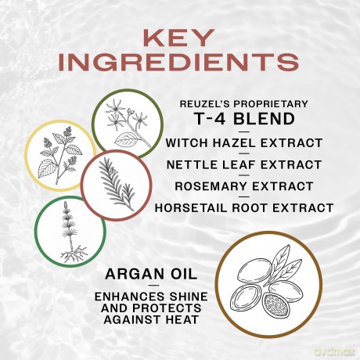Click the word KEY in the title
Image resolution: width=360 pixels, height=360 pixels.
[178, 38]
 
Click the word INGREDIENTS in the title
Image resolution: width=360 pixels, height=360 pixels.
[178, 63]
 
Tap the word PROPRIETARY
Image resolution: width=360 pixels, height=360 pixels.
[271, 104]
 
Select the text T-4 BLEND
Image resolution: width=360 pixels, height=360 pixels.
[245, 119]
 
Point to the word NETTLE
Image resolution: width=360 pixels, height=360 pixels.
[187, 164]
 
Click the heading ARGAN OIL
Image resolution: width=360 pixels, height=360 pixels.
[151, 274]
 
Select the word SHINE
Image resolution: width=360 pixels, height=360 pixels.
[189, 297]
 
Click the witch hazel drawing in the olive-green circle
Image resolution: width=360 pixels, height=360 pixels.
[128, 123]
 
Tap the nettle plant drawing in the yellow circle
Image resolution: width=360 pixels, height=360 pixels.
[60, 156]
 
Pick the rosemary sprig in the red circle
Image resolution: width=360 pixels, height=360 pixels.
[117, 183]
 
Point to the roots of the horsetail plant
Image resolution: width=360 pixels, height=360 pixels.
[74, 254]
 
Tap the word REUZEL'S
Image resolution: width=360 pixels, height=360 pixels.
[205, 104]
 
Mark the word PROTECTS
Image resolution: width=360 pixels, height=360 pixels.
[167, 308]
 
